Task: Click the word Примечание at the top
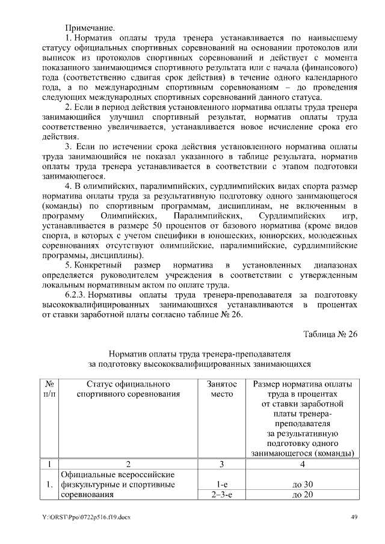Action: (x=90, y=28)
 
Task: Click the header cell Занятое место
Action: (x=221, y=389)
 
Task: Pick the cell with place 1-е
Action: (x=221, y=484)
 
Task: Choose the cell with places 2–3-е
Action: (x=221, y=495)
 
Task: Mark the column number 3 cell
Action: (x=221, y=464)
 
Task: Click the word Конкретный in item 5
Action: (x=97, y=264)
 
